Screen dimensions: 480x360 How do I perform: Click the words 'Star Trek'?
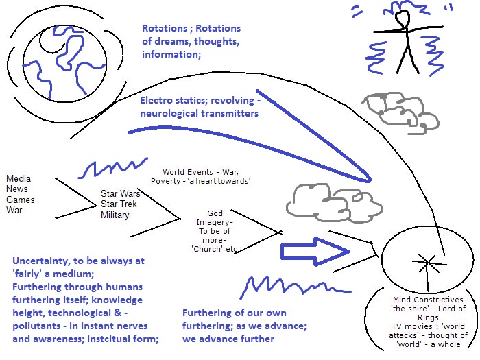point(120,204)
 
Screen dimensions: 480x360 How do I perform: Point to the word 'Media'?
point(19,179)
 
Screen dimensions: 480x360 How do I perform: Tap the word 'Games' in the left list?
point(20,200)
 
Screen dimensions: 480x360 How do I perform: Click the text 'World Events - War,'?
point(200,171)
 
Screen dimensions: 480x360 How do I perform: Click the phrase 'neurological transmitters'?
point(199,113)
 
